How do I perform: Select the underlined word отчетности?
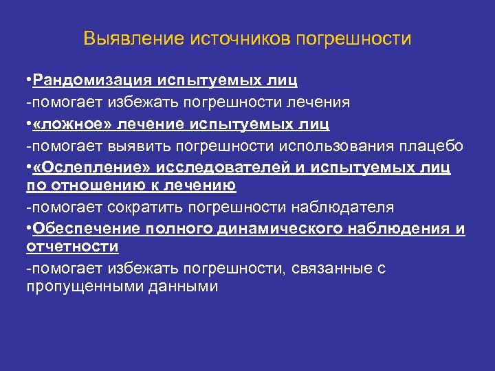72,246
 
